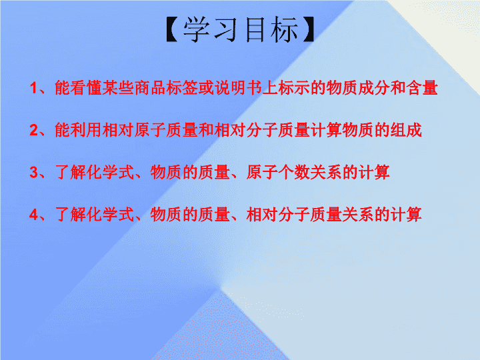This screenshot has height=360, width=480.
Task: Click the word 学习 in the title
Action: tap(210, 29)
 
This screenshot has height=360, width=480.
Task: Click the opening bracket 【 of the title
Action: tap(172, 29)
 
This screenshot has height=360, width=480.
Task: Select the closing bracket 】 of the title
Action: tap(308, 29)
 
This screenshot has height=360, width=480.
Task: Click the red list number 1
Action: tap(33, 88)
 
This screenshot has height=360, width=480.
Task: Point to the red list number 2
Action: tap(33, 130)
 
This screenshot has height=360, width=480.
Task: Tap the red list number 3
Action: tap(33, 173)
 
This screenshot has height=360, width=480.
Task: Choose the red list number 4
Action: tap(33, 215)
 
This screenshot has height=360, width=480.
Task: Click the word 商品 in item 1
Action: tap(150, 88)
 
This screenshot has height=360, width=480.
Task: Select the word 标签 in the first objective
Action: tap(182, 88)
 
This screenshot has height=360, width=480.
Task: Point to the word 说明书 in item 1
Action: tap(238, 88)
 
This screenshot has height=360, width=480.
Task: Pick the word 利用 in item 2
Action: tap(87, 130)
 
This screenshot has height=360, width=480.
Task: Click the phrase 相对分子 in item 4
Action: tap(278, 215)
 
